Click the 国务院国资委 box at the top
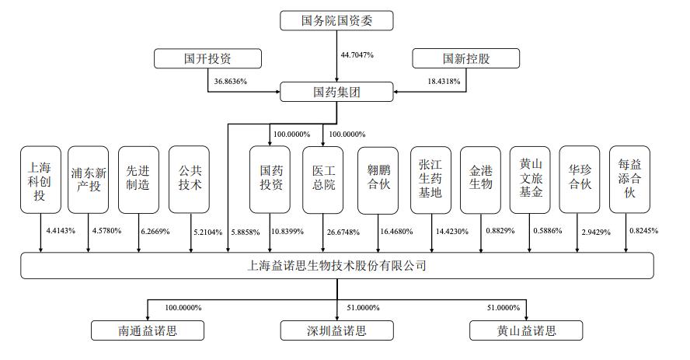[x=336, y=21]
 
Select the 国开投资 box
[x=207, y=58]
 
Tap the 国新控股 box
[x=466, y=58]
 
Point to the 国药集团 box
[x=336, y=92]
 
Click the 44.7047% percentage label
[x=357, y=55]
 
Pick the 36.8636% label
[x=231, y=82]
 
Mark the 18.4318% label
[x=444, y=82]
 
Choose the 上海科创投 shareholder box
[x=40, y=180]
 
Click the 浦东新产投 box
[x=88, y=180]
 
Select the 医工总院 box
[x=323, y=180]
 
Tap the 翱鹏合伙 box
[x=378, y=180]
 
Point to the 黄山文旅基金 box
[x=530, y=180]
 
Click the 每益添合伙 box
[x=629, y=180]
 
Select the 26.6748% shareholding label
[x=343, y=232]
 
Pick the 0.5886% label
[x=548, y=231]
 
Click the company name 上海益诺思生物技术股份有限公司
[x=336, y=266]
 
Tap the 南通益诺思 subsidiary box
[x=148, y=330]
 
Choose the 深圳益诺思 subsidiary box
[x=336, y=330]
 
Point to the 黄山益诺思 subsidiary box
[x=526, y=330]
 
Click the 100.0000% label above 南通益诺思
[x=183, y=308]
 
